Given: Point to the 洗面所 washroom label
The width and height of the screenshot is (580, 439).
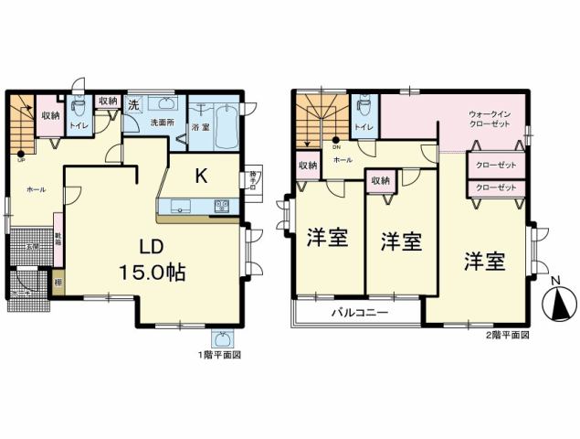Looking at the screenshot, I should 162,123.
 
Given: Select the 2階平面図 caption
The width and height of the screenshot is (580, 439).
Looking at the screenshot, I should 507,335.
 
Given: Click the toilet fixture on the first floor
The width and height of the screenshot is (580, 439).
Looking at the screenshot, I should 78,107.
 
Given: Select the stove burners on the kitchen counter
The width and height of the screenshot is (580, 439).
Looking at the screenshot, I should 222,205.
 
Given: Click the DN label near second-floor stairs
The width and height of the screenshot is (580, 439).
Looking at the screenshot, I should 336,146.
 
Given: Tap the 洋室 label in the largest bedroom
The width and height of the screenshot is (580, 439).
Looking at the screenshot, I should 484,261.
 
